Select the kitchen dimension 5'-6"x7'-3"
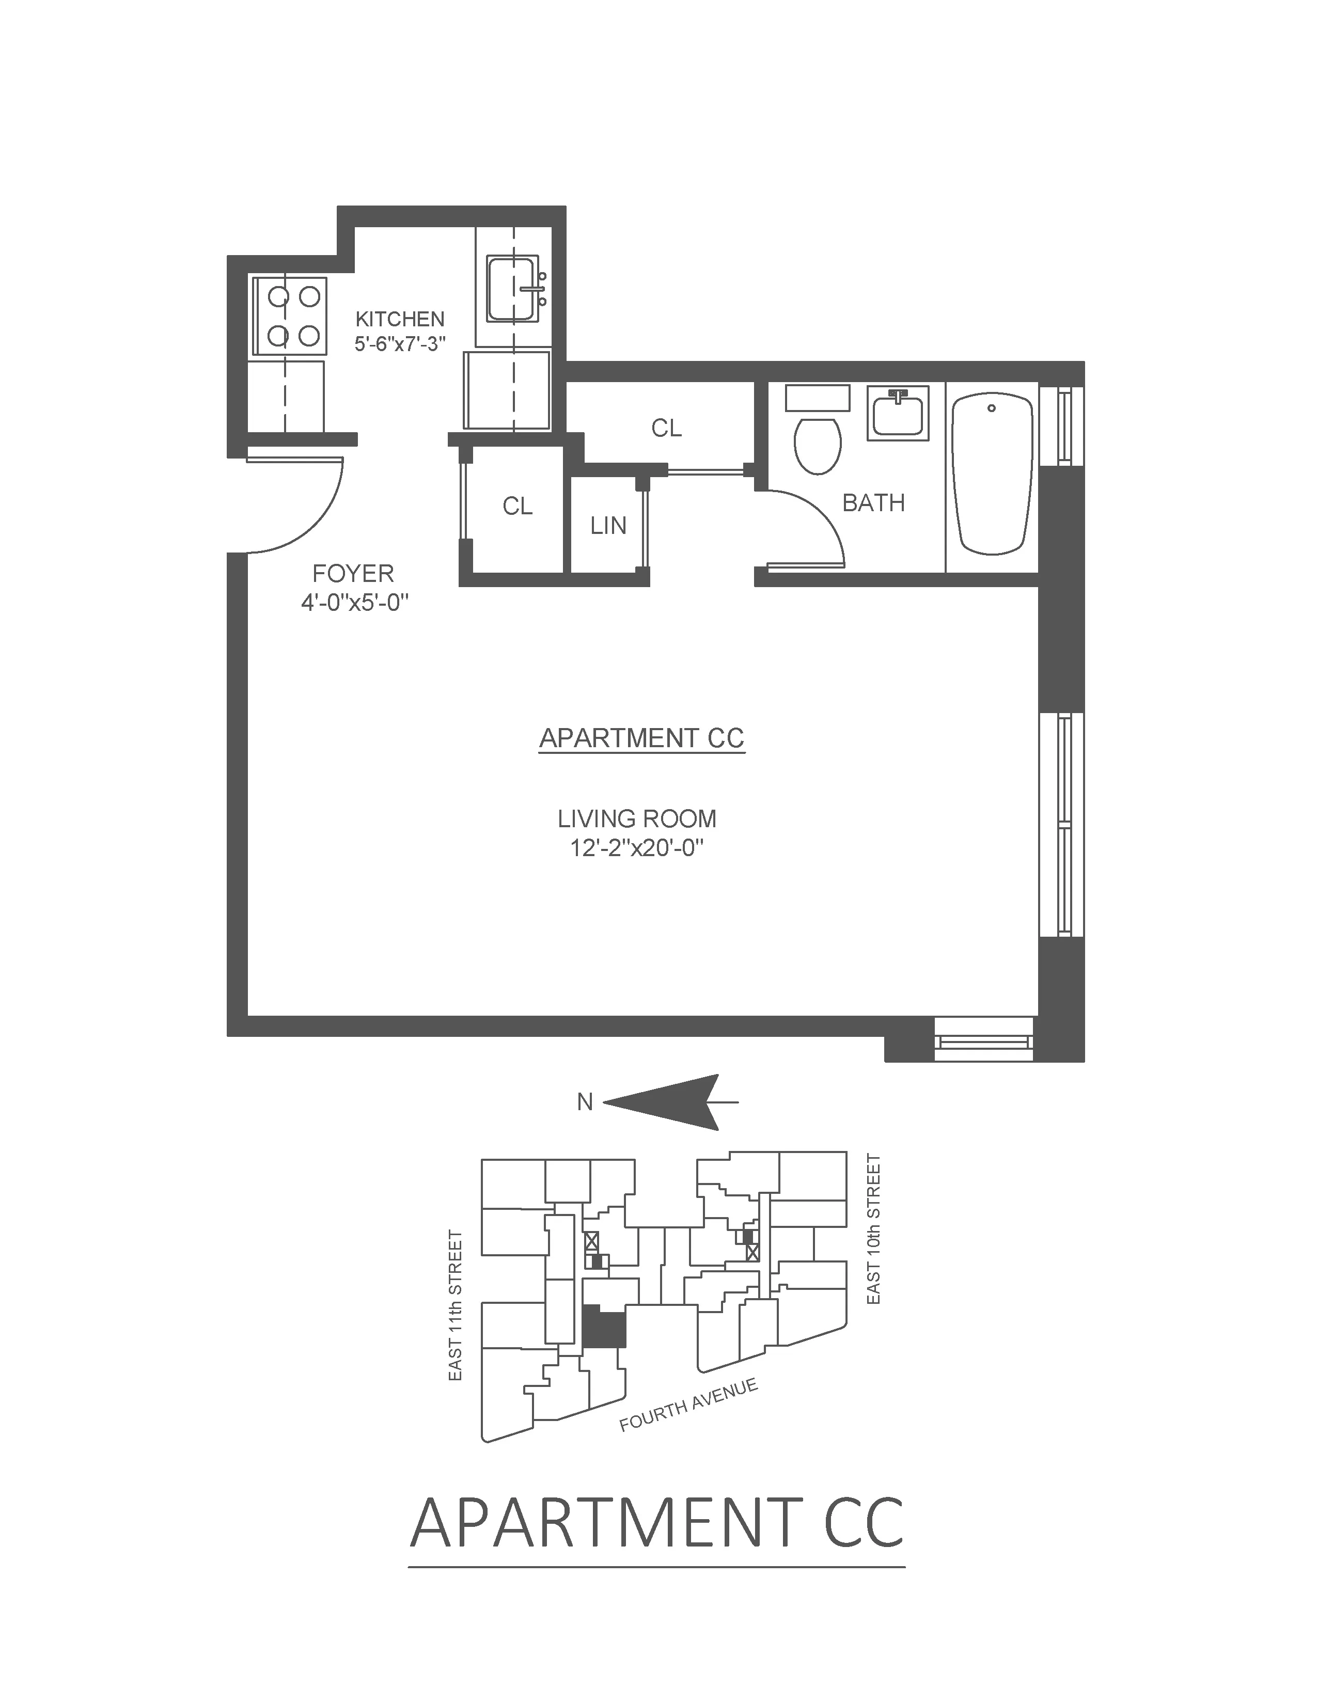399,344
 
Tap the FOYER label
353,574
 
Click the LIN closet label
608,526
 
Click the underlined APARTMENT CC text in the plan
642,738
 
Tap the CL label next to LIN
518,507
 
